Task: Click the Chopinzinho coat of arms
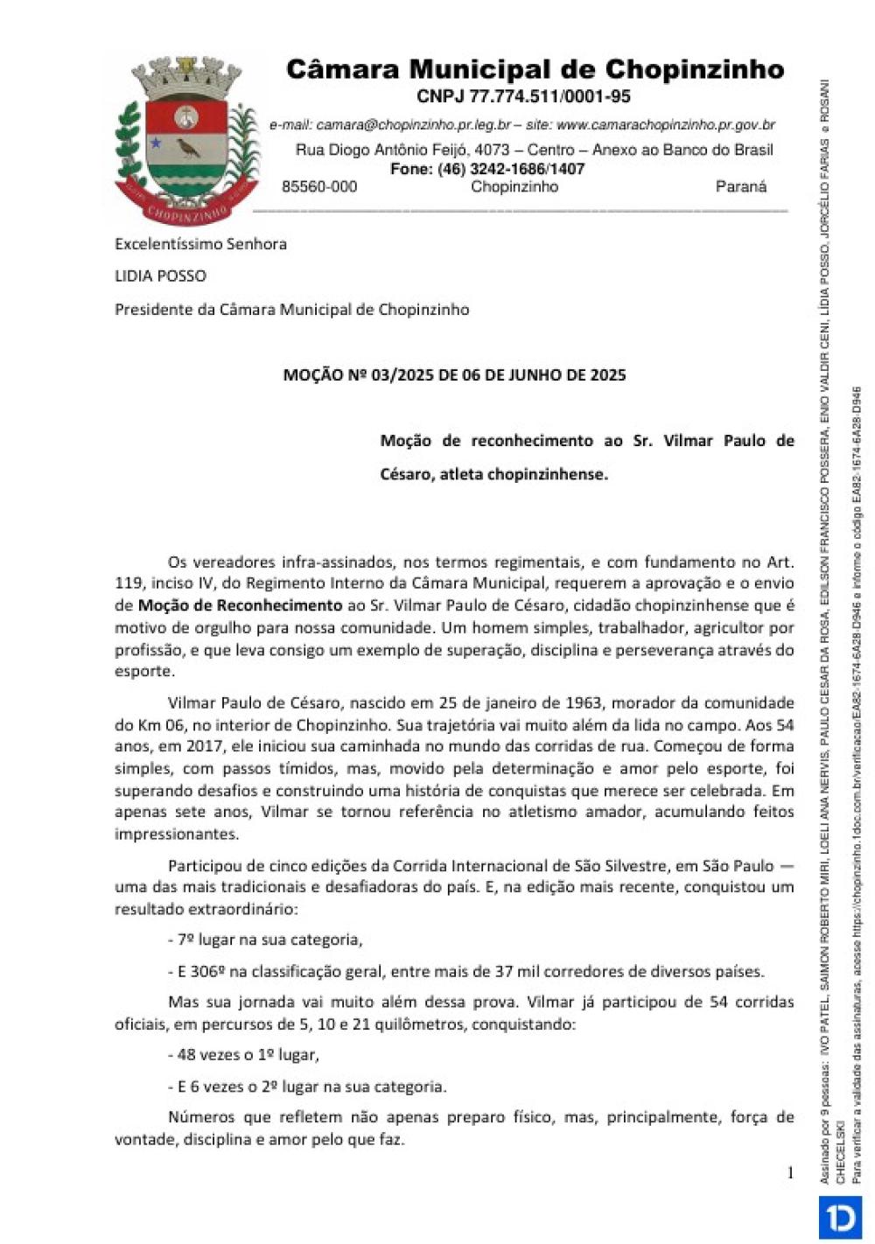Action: point(186,140)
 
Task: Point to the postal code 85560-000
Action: point(319,186)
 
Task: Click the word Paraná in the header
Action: point(740,186)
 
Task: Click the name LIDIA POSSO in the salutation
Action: point(160,276)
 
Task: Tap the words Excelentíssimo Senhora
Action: point(200,244)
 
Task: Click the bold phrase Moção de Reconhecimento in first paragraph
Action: point(240,605)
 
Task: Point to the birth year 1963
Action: point(583,702)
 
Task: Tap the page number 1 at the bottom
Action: point(790,1173)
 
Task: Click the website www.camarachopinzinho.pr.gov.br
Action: point(665,125)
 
